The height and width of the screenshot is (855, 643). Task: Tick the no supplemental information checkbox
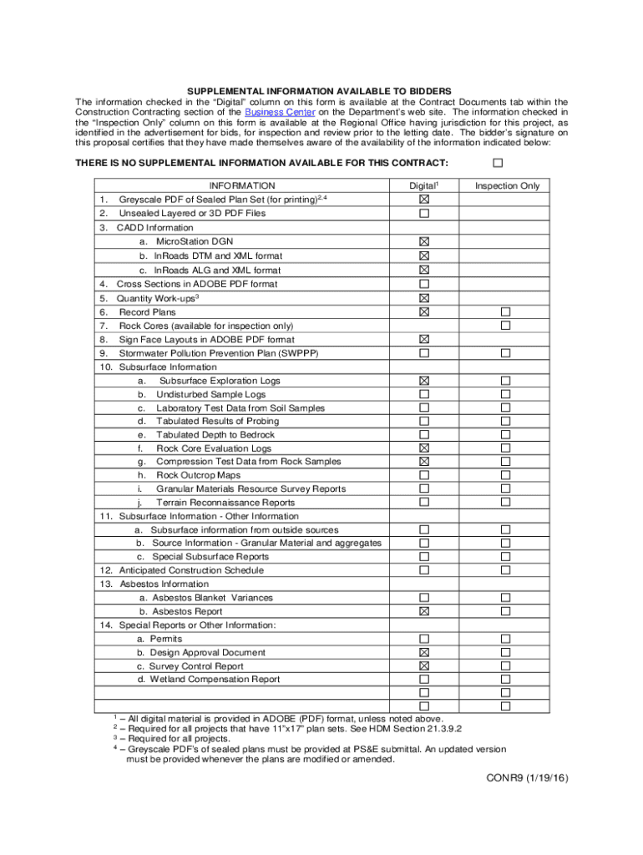pos(499,161)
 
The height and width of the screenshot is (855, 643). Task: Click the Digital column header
pos(423,186)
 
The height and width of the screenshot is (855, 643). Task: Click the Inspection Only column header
pos(507,186)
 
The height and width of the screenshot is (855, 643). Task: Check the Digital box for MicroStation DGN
pos(424,241)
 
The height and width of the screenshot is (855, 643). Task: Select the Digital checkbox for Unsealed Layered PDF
pos(424,214)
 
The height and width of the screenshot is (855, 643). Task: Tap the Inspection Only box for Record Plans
pos(505,311)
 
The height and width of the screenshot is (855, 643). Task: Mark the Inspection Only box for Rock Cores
pos(505,325)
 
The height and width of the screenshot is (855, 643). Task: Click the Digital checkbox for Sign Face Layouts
pos(424,339)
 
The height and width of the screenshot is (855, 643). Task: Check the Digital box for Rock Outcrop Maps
pos(424,475)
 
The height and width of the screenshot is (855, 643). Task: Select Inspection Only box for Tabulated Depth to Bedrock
pos(505,434)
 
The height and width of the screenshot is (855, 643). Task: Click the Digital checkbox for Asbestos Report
pos(424,611)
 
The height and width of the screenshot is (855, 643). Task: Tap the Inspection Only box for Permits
pos(505,639)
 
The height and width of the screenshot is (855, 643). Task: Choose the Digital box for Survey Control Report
pos(424,665)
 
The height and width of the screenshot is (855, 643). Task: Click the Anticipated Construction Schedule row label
pos(191,570)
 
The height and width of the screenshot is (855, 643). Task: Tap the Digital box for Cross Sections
pos(424,284)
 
